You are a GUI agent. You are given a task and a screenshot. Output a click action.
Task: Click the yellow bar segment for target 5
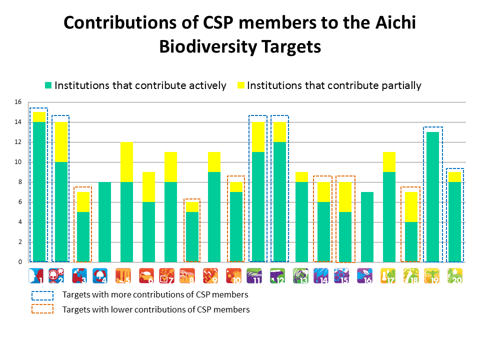[127, 161]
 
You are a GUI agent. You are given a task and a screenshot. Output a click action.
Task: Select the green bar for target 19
[433, 196]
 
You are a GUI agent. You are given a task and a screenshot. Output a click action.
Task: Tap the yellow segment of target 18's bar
[411, 206]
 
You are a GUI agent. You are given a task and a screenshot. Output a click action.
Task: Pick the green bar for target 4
[105, 221]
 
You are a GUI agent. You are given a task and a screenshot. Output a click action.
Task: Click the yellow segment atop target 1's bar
[39, 116]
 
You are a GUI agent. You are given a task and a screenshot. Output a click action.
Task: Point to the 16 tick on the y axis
[18, 102]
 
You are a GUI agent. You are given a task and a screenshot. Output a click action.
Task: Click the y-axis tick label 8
[20, 182]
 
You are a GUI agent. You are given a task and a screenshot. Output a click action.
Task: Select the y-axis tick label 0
[20, 262]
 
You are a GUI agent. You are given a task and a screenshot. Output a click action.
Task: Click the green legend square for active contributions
[48, 85]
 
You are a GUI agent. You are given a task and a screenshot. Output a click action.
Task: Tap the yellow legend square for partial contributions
[240, 85]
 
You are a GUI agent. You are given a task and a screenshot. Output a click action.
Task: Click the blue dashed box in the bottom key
[42, 295]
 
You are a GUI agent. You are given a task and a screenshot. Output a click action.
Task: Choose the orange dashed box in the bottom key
[42, 309]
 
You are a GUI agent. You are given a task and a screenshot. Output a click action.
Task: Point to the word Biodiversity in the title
[208, 46]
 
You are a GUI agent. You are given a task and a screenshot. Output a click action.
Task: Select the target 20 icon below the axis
[455, 275]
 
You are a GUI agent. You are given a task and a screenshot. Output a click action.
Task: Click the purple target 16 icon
[365, 275]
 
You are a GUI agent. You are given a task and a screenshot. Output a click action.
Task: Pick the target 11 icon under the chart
[255, 275]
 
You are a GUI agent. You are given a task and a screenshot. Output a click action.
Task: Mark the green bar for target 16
[367, 226]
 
